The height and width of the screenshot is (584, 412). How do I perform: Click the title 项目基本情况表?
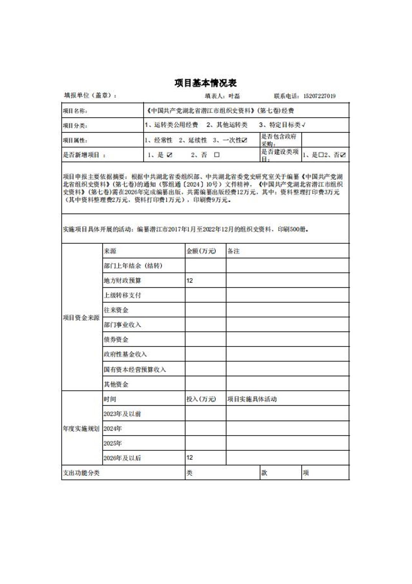coord(206,83)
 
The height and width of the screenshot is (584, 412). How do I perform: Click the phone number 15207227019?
coord(319,96)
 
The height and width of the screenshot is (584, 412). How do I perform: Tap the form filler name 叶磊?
coord(234,96)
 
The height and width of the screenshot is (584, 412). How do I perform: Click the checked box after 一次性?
coord(245,140)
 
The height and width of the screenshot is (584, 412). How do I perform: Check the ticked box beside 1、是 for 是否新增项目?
coord(170,155)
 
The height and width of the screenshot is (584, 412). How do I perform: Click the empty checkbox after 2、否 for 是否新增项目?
coord(217,155)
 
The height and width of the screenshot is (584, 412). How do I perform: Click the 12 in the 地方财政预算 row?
coord(190,280)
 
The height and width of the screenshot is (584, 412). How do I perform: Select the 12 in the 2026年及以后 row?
coord(190,458)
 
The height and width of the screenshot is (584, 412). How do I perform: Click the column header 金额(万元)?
coord(201,251)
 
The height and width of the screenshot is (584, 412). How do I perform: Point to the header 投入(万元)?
coord(201,399)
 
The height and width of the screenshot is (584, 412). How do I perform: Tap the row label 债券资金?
coord(116,340)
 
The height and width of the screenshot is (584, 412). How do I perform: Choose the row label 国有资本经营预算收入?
coord(135,370)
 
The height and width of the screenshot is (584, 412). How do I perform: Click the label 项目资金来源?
coord(81,318)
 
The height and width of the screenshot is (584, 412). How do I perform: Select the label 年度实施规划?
coord(81,428)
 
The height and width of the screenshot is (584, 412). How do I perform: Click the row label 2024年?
coord(112,428)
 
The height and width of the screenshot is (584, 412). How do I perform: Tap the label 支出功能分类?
coord(81,473)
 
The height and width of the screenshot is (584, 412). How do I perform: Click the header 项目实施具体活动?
coord(252,399)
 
